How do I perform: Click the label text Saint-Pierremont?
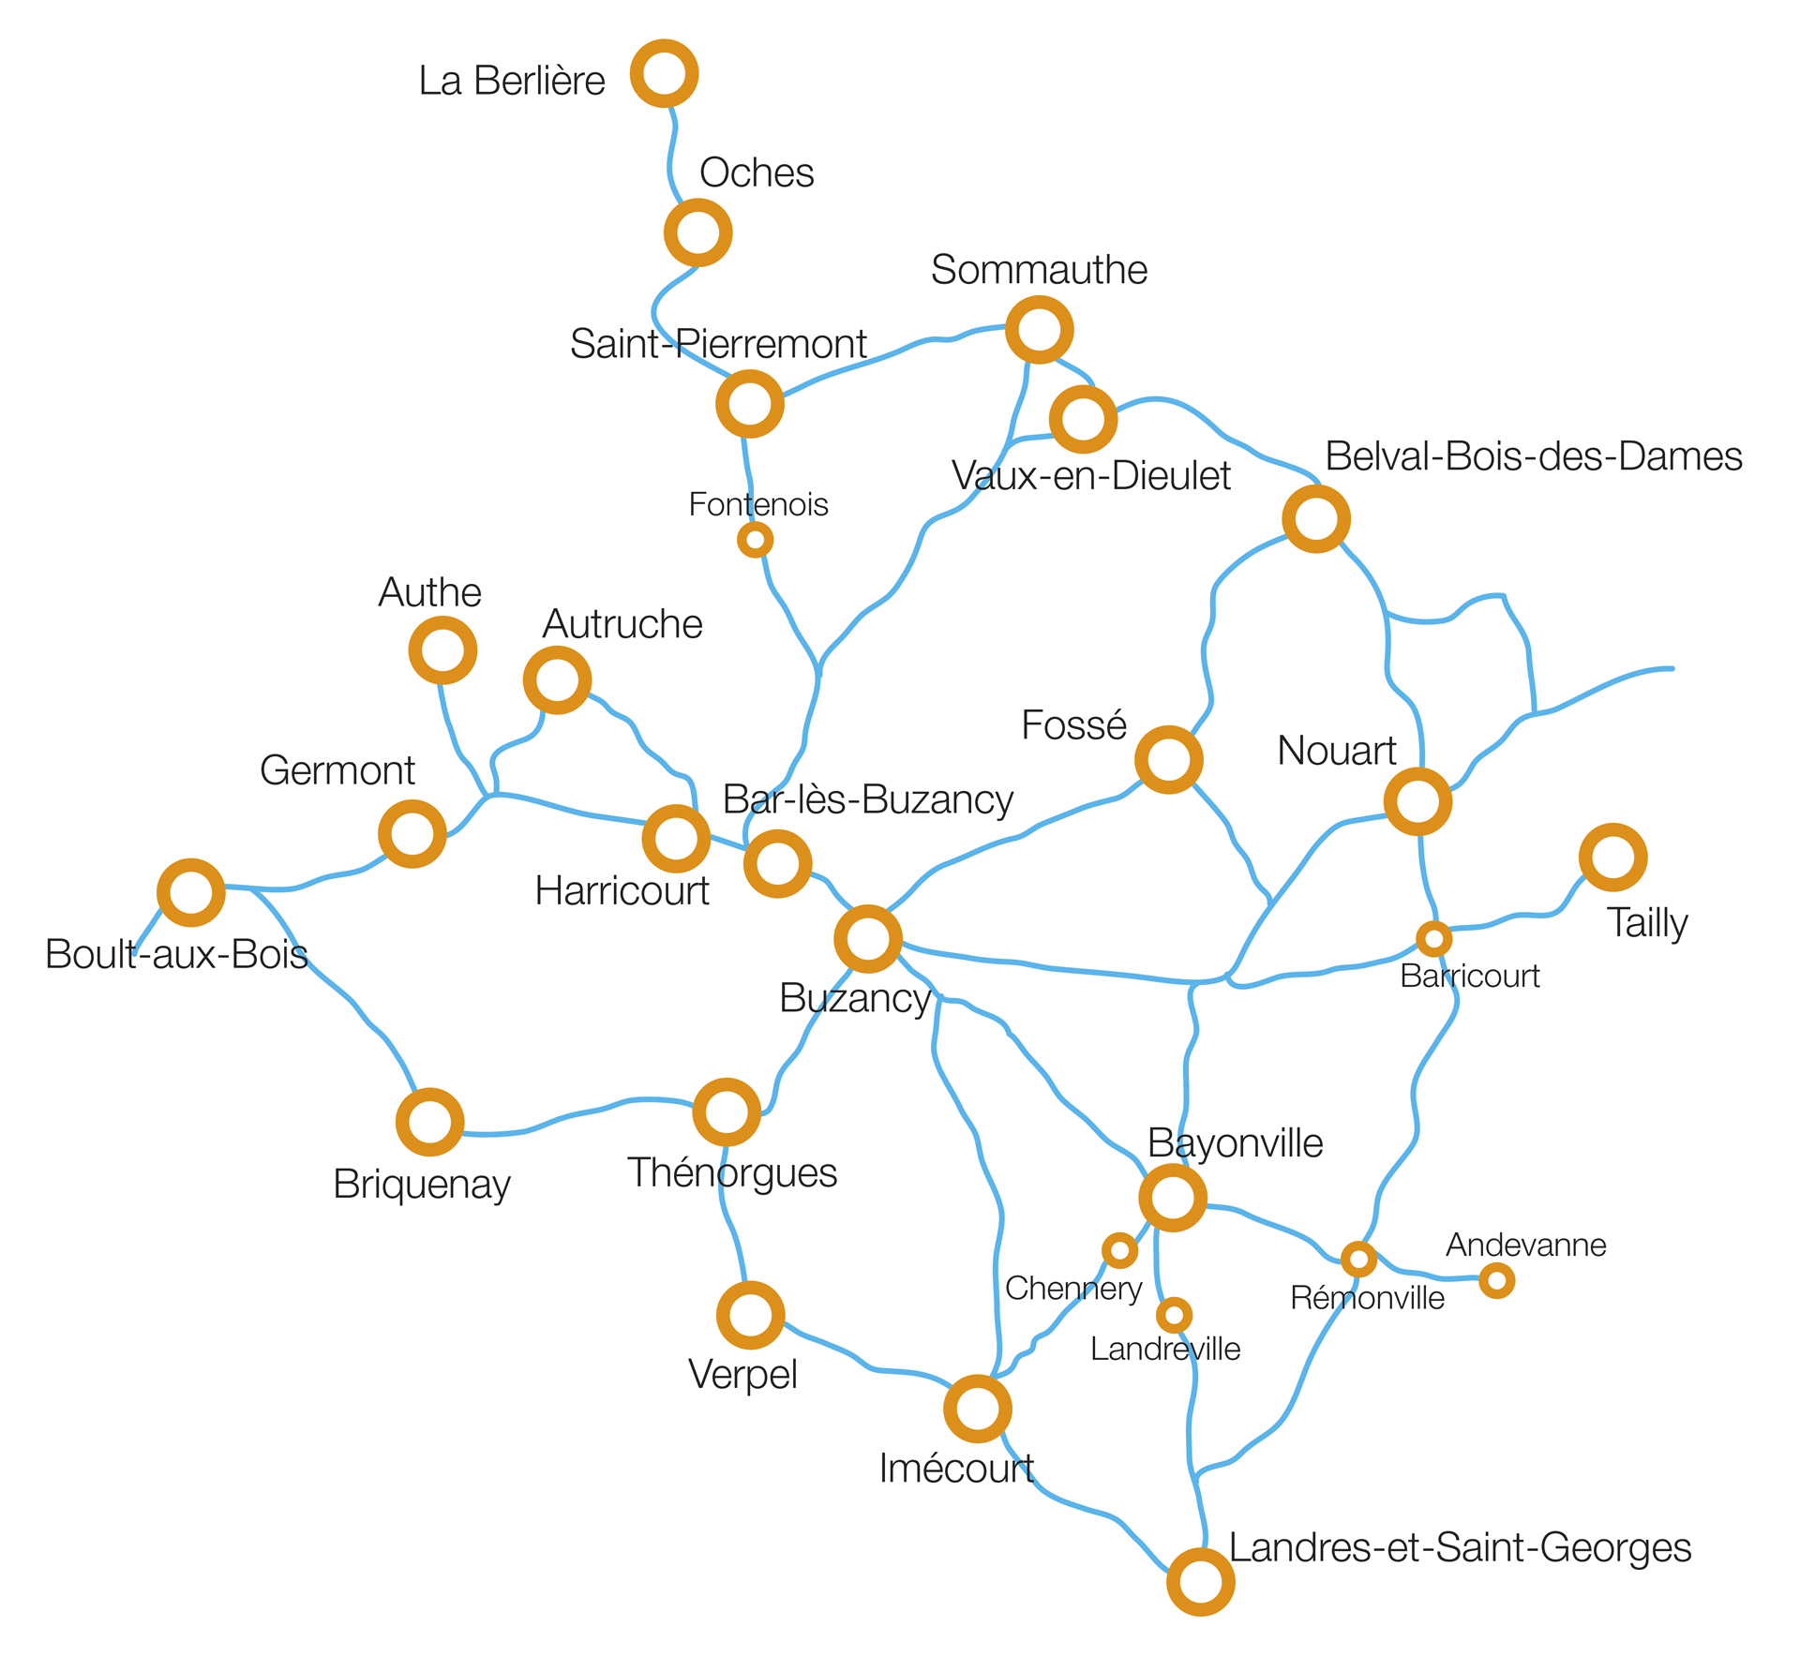(718, 344)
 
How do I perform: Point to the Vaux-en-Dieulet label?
(1091, 476)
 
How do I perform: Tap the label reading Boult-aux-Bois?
(177, 954)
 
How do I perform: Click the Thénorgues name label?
(732, 1173)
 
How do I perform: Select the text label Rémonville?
(1367, 1298)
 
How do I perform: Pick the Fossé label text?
(1073, 724)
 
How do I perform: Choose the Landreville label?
(1165, 1349)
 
